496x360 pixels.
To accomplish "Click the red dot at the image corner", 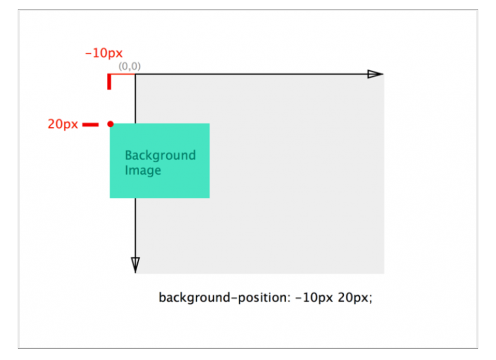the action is point(111,124).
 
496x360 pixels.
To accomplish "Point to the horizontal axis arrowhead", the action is point(375,74).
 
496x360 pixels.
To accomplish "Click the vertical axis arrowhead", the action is point(136,265).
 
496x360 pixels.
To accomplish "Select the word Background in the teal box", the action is point(160,156).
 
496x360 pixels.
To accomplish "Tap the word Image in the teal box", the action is point(143,171).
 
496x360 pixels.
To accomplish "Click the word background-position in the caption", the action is point(223,298).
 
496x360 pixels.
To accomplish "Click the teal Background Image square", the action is point(160,161).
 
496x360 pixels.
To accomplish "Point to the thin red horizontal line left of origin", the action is point(123,74).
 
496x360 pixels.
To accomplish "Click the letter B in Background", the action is point(129,155).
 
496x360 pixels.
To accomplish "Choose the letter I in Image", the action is point(126,170).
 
